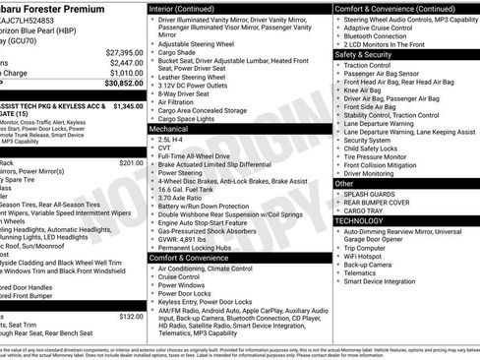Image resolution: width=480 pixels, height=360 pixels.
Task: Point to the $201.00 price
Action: (131, 162)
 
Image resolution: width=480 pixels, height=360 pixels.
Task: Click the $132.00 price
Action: (131, 316)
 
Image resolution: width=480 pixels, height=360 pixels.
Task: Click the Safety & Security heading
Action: (364, 55)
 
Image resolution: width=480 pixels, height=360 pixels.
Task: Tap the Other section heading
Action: (344, 183)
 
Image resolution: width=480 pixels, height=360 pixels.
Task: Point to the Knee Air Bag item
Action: (364, 90)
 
